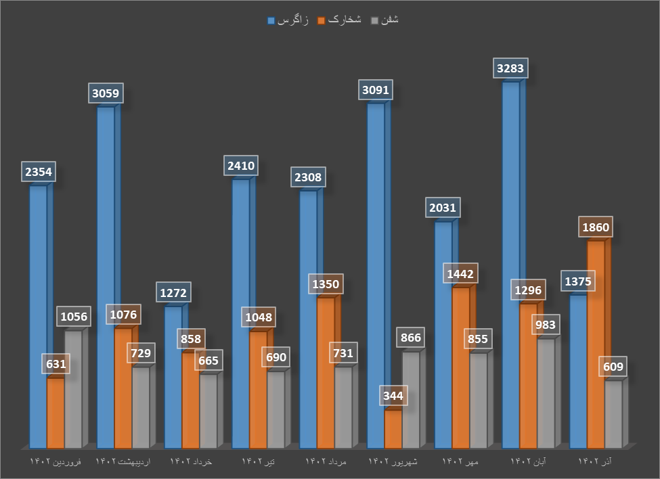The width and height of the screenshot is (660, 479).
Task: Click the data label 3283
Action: pyautogui.click(x=510, y=68)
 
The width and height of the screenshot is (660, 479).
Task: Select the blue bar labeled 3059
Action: pyautogui.click(x=106, y=277)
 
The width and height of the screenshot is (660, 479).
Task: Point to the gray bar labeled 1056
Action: pyautogui.click(x=73, y=389)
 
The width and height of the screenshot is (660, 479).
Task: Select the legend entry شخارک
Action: pyautogui.click(x=345, y=20)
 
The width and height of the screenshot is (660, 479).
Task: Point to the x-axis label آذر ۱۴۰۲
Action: pyautogui.click(x=596, y=461)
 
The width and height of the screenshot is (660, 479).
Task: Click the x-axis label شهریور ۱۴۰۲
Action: pyautogui.click(x=393, y=461)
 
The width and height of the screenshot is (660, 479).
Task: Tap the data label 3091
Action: pyautogui.click(x=376, y=90)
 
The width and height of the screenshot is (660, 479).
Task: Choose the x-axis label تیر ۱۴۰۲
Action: pyautogui.click(x=258, y=461)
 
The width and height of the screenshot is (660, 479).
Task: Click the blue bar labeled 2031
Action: pyautogui.click(x=443, y=335)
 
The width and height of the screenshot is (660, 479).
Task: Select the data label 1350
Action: pyautogui.click(x=326, y=283)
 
